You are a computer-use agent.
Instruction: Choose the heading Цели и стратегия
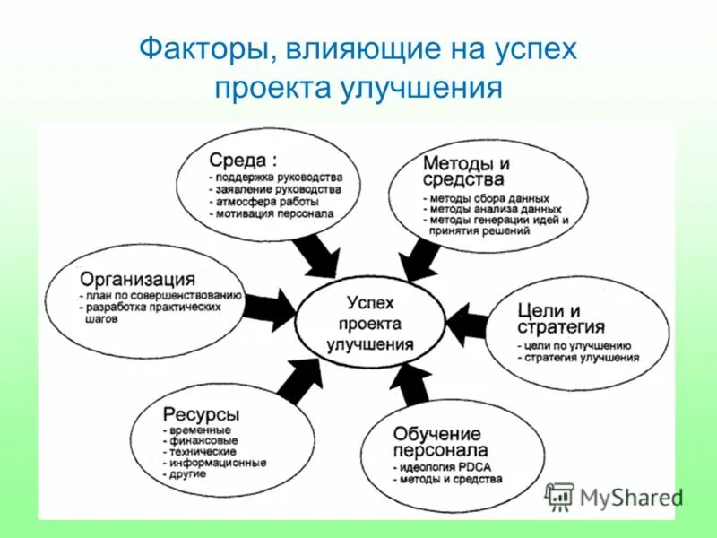pyautogui.click(x=561, y=318)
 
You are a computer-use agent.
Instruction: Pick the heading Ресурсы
pyautogui.click(x=201, y=414)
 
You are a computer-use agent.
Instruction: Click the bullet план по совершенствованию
pyautogui.click(x=161, y=296)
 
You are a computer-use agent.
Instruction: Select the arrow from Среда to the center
pyautogui.click(x=315, y=255)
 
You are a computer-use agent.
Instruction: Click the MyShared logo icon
pyautogui.click(x=559, y=497)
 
